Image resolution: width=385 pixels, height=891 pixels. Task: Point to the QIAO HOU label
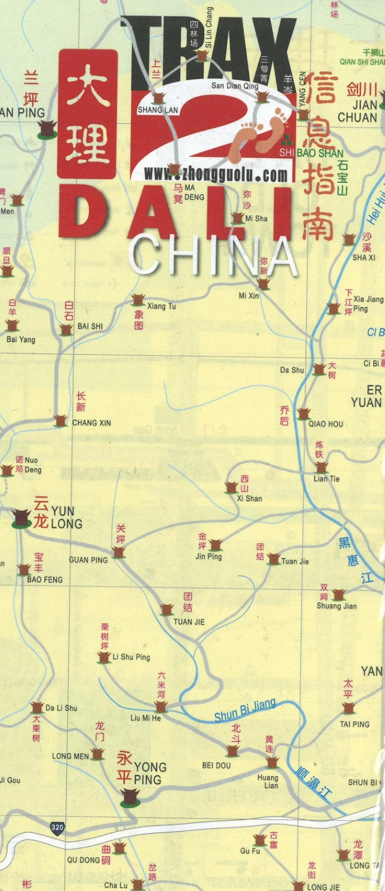click(326, 424)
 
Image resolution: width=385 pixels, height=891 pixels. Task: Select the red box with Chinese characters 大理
click(88, 114)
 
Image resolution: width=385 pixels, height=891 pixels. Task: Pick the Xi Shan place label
click(249, 498)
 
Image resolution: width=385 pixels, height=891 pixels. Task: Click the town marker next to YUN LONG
click(22, 517)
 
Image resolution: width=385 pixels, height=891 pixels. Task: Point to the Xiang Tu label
click(162, 307)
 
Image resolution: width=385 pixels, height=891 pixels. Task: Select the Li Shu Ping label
click(132, 657)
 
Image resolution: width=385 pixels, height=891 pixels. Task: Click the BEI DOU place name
click(216, 765)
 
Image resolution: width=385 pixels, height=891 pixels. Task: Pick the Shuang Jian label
click(336, 606)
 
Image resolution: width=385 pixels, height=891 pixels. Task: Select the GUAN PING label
click(88, 560)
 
